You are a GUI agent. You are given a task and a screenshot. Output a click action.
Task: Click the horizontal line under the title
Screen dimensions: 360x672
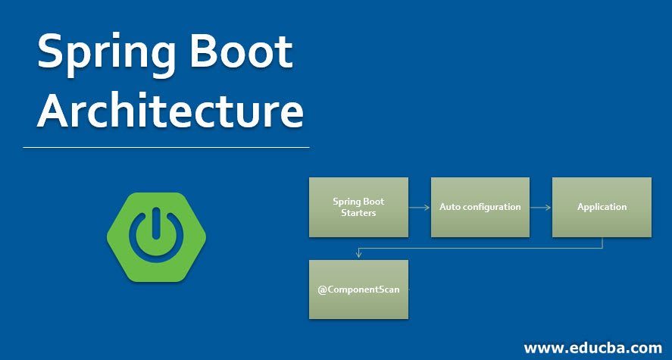coord(167,147)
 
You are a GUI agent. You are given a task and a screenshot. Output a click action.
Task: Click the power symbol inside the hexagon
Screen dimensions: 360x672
coord(156,236)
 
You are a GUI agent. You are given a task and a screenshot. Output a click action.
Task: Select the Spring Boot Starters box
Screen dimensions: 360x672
coord(358,207)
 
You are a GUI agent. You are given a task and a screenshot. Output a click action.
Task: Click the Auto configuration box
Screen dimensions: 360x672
coord(480,207)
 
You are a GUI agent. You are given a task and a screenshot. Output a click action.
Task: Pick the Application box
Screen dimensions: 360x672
coord(602,207)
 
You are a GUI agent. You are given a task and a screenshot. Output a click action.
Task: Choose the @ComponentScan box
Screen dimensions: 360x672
coord(358,290)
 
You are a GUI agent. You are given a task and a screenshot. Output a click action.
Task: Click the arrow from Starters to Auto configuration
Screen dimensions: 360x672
coord(419,207)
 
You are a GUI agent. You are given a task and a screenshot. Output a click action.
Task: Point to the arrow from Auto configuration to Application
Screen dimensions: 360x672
coord(540,207)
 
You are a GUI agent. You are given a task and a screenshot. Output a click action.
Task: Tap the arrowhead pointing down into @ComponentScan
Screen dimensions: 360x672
coord(358,255)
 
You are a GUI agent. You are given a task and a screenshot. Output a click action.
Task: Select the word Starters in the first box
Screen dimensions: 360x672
coord(358,213)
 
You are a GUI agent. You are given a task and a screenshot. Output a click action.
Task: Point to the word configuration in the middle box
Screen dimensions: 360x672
coord(491,207)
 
